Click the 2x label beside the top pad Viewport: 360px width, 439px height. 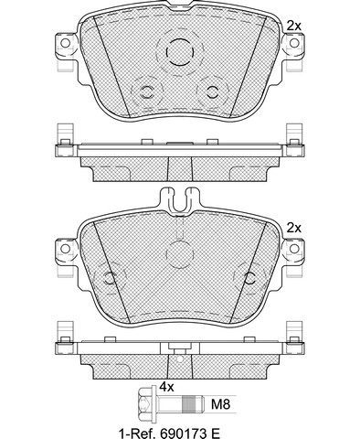[x=294, y=26]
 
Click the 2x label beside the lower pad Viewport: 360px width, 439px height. [x=294, y=228]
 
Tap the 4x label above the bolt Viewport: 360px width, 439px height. [x=166, y=387]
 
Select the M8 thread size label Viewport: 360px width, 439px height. [x=220, y=404]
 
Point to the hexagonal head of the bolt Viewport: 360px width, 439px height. [x=144, y=404]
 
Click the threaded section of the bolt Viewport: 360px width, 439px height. [x=188, y=404]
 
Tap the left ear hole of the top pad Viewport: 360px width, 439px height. [x=65, y=43]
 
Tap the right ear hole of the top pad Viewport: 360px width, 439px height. [x=294, y=43]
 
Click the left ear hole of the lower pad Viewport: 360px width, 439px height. [x=65, y=249]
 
